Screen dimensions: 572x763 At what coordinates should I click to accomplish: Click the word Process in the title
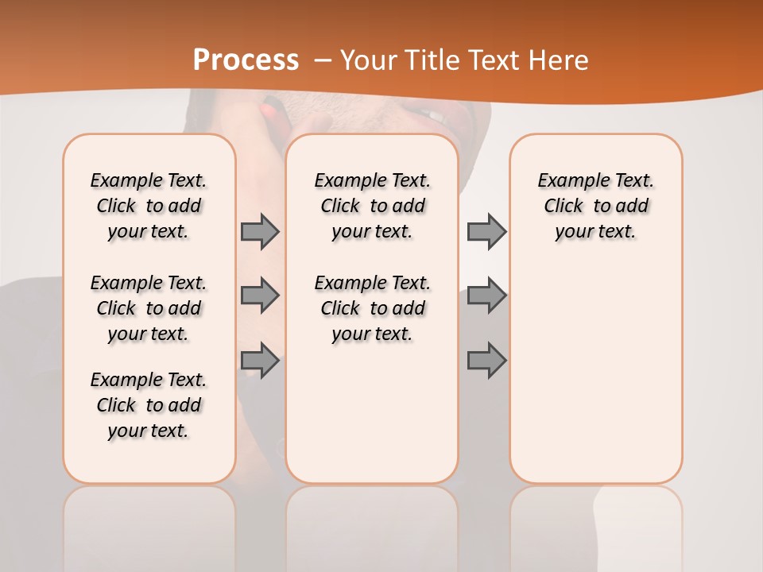click(246, 60)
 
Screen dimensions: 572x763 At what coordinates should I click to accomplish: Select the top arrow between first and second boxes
click(260, 231)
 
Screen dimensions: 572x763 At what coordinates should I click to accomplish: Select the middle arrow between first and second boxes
click(260, 296)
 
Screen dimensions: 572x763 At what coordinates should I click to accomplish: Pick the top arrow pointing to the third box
click(486, 231)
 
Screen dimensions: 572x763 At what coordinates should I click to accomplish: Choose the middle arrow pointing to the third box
click(486, 296)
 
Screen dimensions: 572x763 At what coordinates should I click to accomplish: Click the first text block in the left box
click(149, 206)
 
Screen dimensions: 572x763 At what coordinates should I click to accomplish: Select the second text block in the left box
click(149, 308)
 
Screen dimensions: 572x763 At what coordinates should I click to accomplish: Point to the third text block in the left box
click(149, 405)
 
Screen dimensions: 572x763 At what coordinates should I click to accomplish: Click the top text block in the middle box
click(372, 206)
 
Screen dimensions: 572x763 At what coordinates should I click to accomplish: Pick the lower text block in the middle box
click(372, 308)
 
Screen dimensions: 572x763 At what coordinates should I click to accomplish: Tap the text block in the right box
click(596, 206)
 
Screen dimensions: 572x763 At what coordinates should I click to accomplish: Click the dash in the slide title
click(323, 60)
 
